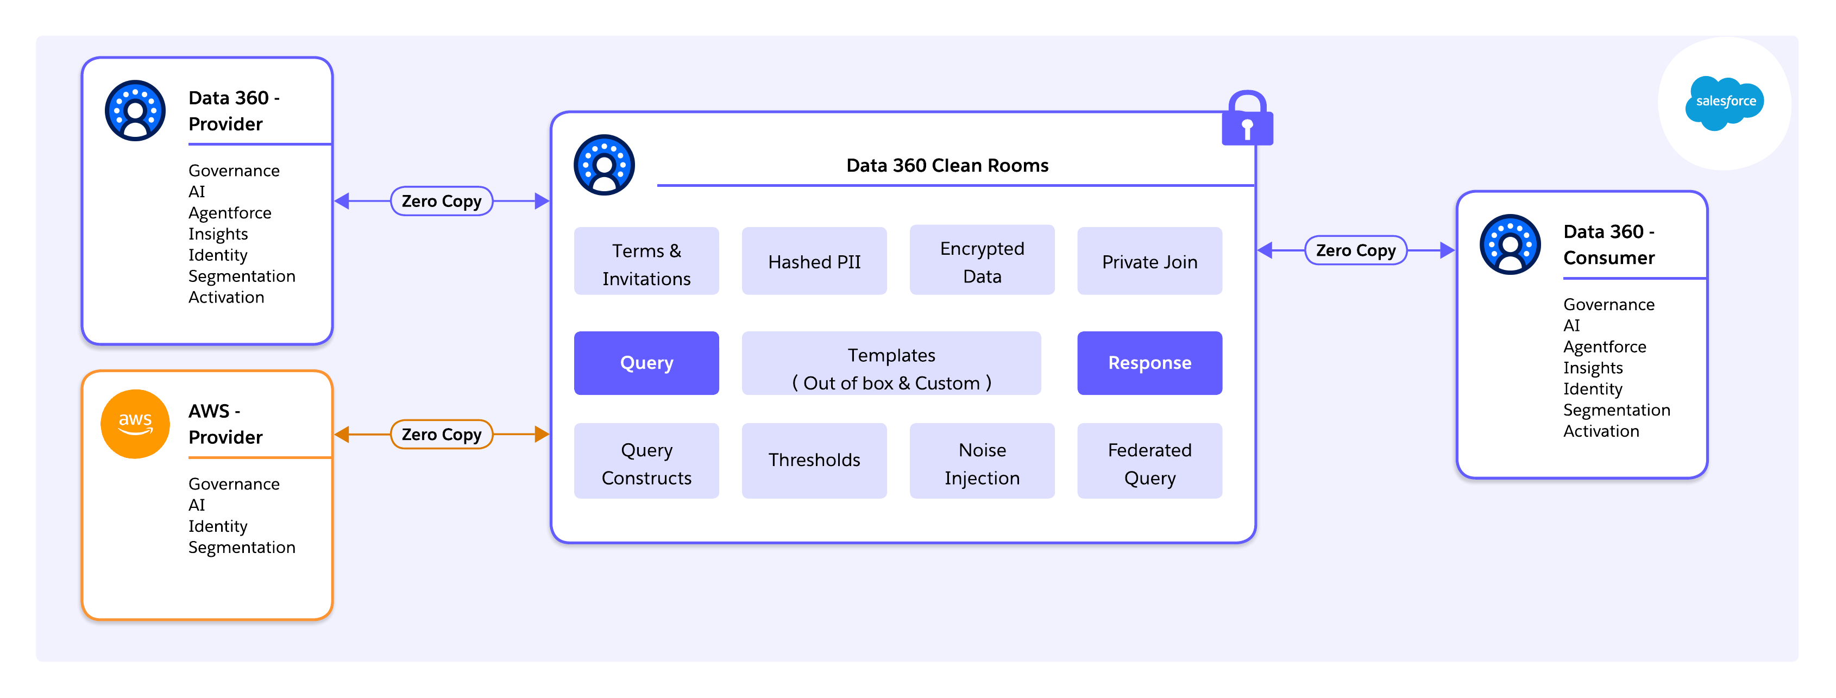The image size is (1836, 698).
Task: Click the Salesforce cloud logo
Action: pos(1724,103)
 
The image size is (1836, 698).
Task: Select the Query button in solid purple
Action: pos(646,363)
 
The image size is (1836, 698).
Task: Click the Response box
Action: pos(1149,363)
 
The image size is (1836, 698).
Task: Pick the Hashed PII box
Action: pos(814,262)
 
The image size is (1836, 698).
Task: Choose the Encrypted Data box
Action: pos(982,262)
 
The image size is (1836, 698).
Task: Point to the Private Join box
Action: pos(1149,262)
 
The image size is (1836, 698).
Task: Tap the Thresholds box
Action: pos(814,460)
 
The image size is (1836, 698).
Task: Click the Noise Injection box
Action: pos(982,463)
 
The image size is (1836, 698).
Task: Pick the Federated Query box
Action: pos(1149,463)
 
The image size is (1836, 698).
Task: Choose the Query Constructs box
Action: pos(646,463)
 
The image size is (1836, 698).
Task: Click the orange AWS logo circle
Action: pos(135,424)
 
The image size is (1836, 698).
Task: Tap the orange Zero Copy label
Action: pos(441,434)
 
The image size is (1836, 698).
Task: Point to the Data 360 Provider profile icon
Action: pos(135,110)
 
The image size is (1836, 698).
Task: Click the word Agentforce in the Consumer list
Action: pos(1605,347)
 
